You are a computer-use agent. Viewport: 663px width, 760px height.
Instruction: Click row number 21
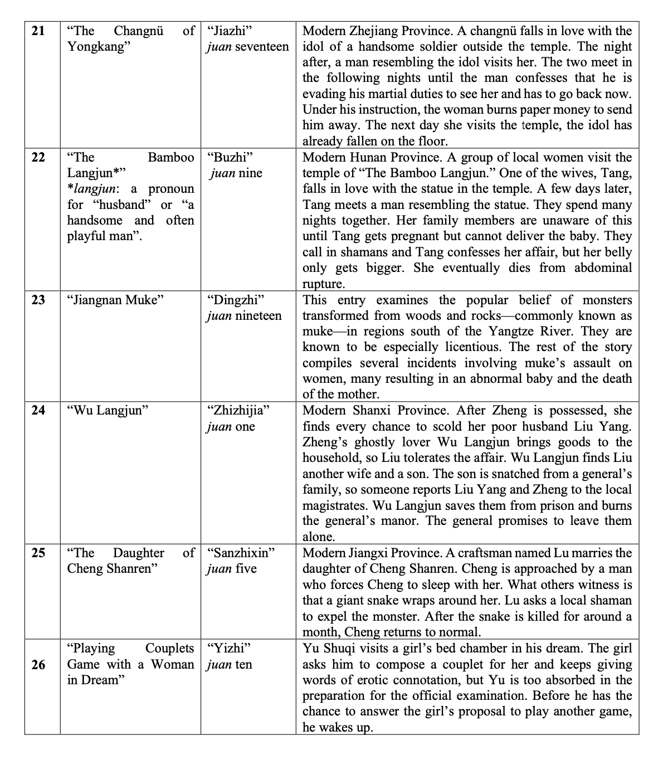click(x=38, y=31)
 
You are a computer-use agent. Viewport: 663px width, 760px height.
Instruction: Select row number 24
click(x=38, y=411)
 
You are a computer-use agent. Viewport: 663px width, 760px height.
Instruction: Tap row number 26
click(x=38, y=664)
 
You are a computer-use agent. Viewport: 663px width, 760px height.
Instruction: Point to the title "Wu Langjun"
click(x=108, y=411)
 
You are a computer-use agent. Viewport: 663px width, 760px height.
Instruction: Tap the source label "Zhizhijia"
click(x=238, y=411)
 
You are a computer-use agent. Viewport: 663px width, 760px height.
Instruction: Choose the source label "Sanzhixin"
click(x=241, y=553)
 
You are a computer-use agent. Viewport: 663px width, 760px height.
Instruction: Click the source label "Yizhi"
click(x=228, y=648)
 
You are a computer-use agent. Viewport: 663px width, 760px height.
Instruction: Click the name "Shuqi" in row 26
click(x=337, y=648)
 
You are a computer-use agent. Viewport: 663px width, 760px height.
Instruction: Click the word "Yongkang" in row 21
click(x=96, y=46)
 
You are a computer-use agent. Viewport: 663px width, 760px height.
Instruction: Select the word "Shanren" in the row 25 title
click(x=134, y=569)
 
